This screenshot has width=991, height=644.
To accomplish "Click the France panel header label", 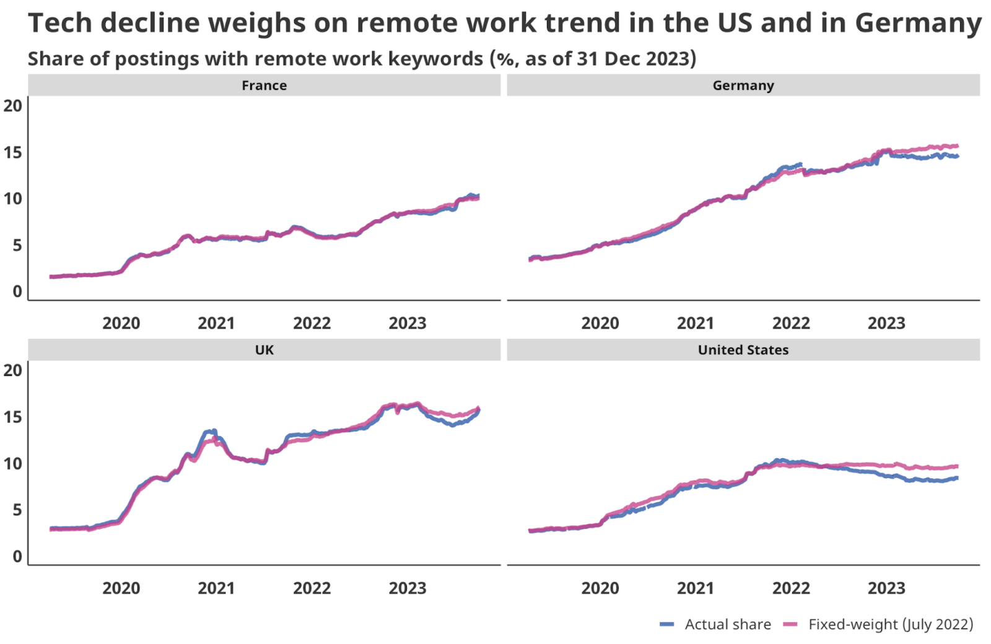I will (264, 85).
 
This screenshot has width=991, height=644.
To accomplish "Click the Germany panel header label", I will (743, 85).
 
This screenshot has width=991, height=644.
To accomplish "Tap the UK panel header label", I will (264, 350).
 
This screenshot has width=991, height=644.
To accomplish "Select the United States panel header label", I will (743, 350).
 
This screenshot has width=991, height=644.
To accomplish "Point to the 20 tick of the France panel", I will (12, 106).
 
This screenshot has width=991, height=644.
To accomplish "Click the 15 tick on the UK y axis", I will (12, 417).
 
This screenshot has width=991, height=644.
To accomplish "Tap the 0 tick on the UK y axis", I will (17, 557).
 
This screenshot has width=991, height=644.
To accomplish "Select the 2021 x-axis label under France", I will (216, 323).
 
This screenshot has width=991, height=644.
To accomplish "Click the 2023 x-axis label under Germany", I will (886, 323).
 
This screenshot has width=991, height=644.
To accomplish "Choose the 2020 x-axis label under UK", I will (121, 588).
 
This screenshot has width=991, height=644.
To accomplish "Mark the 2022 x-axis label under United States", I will (790, 588).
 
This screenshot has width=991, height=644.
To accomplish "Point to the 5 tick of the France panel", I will (17, 245).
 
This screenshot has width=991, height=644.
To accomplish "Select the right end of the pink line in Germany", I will (957, 146).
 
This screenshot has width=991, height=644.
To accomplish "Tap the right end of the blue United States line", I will (957, 477).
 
